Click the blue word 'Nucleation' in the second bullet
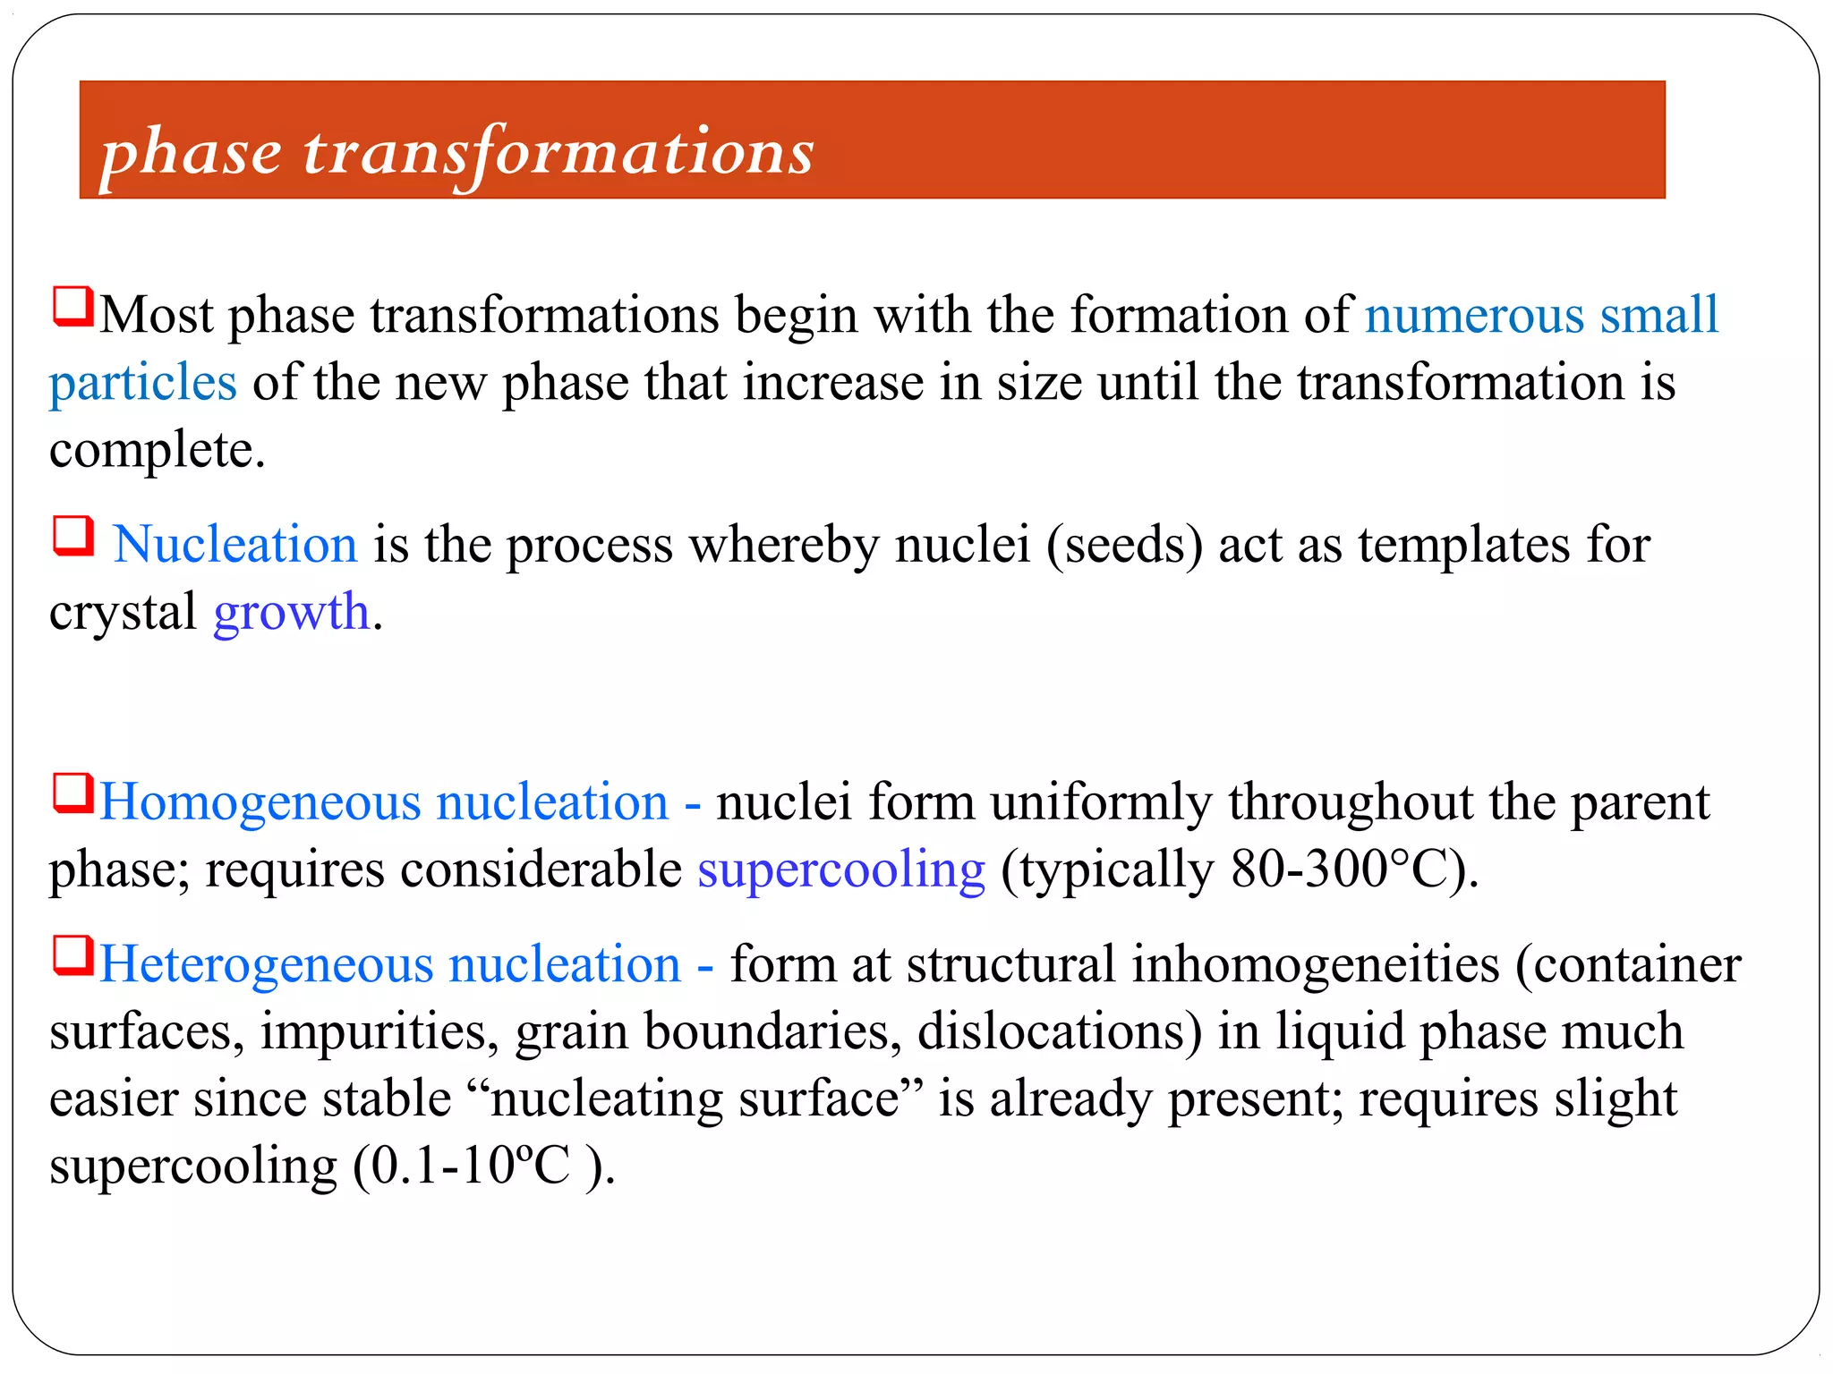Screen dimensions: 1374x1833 point(235,545)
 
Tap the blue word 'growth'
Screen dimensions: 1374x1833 point(292,613)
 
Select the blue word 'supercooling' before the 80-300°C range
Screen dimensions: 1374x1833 point(841,870)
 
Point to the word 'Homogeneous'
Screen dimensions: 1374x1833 point(260,802)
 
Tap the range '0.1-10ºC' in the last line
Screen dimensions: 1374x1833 point(470,1166)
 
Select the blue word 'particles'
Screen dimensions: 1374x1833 point(143,383)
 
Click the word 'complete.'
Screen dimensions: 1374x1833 point(158,450)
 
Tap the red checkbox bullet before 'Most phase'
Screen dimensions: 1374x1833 point(73,306)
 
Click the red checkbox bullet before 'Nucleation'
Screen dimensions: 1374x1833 point(73,536)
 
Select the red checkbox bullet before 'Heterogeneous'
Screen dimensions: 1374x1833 point(73,955)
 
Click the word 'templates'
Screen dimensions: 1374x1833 point(1463,545)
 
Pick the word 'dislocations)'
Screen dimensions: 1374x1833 point(1060,1031)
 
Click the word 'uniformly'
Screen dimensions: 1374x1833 point(1101,802)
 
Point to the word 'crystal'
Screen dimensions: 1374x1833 point(123,613)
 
